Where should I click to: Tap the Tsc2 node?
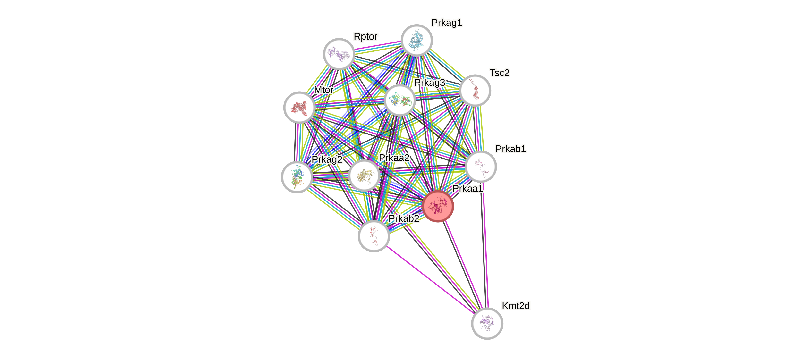475,91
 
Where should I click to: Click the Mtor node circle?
299,108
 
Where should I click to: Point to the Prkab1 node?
481,167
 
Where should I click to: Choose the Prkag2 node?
297,177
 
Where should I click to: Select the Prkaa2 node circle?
364,176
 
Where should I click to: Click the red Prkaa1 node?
438,206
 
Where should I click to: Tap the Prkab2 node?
374,236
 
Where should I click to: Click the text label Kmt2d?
516,306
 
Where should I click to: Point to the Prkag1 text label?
447,23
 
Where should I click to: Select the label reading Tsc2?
500,73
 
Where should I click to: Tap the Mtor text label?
323,90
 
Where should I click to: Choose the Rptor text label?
365,36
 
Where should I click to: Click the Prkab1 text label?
511,149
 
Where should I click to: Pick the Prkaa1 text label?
468,188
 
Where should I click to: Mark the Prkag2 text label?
327,159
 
